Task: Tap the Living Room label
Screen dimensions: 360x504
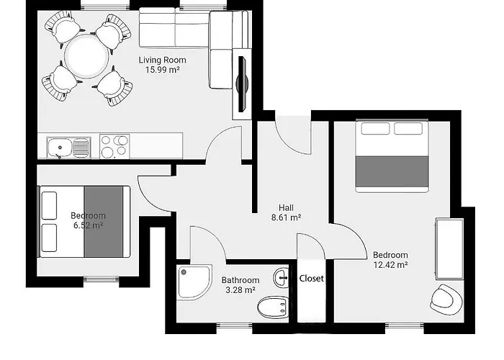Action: pyautogui.click(x=162, y=60)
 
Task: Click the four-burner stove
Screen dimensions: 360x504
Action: pyautogui.click(x=114, y=146)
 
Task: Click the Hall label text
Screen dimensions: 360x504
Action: pyautogui.click(x=286, y=205)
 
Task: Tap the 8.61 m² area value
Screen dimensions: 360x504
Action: pyautogui.click(x=286, y=216)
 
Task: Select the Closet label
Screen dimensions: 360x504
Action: pyautogui.click(x=312, y=278)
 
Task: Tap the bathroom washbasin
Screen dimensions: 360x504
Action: pyautogui.click(x=282, y=277)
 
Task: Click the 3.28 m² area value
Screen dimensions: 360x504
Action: pyautogui.click(x=239, y=290)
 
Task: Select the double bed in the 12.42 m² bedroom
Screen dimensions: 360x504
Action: pyautogui.click(x=392, y=156)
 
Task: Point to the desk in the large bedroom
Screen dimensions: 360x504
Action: pyautogui.click(x=449, y=247)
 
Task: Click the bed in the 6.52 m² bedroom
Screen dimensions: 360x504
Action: pyautogui.click(x=85, y=221)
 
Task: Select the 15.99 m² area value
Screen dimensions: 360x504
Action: pyautogui.click(x=162, y=70)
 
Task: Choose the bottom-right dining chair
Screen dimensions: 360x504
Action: pyautogui.click(x=114, y=85)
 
